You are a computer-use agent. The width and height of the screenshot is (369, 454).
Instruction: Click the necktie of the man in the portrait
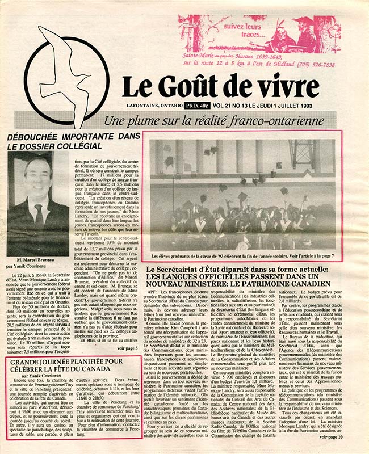pos(38,213)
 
